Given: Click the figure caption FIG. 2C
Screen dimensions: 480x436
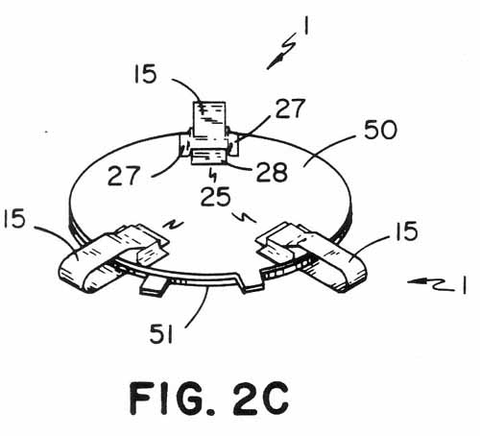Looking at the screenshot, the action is [209, 399].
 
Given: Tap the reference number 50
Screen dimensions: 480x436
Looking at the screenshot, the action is [380, 130].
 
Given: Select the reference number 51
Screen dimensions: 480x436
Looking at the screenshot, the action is [161, 334].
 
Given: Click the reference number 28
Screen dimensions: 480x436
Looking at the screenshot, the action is [272, 172].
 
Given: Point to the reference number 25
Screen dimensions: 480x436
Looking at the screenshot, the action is [216, 197].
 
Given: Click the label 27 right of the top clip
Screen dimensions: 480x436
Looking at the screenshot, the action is [290, 109].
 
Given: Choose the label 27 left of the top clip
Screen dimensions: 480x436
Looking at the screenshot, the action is [124, 176].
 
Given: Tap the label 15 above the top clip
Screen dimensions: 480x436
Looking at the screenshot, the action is [145, 74].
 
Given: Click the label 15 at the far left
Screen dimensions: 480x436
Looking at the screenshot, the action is [13, 219].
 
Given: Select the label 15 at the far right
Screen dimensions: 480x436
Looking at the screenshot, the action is [406, 231].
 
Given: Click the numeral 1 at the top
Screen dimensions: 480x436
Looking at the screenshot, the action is [306, 25].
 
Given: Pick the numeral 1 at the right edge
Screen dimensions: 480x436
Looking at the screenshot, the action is [464, 285].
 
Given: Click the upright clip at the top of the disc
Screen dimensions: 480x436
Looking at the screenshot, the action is [210, 133].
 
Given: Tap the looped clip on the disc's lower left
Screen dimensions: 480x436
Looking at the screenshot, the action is [112, 256].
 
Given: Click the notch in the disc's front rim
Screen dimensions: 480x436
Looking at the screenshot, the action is [251, 281].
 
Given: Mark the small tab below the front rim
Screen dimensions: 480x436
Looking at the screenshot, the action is [154, 285].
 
